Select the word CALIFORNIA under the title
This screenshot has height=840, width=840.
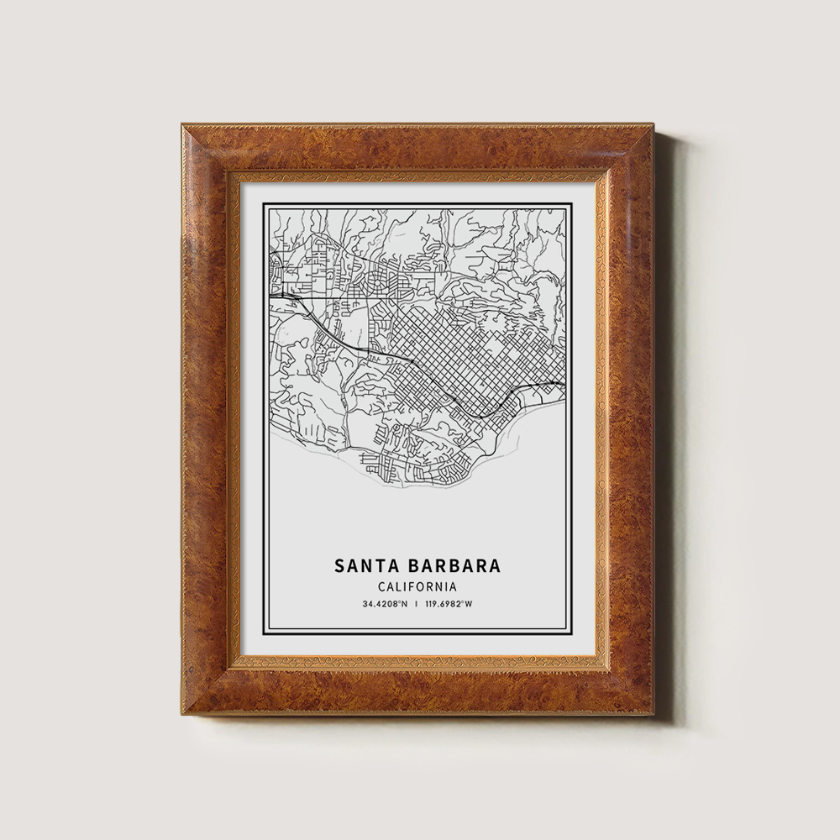[x=417, y=587]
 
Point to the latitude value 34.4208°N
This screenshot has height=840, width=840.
[x=385, y=604]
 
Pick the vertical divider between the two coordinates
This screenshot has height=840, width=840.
[x=417, y=604]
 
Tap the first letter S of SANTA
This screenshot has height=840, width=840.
[x=340, y=565]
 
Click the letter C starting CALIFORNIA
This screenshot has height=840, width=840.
[x=383, y=587]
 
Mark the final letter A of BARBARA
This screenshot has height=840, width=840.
[x=495, y=565]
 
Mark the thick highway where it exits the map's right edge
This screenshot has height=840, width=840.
[x=561, y=385]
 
